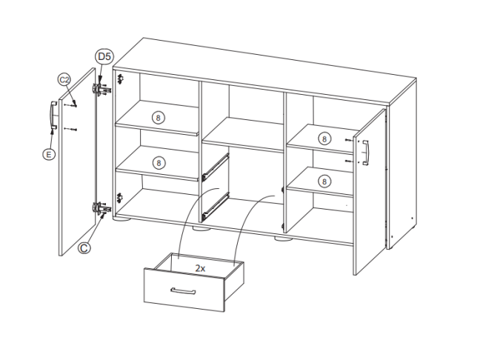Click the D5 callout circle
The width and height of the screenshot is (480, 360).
pos(104,56)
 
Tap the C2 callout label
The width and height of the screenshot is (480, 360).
pos(64,80)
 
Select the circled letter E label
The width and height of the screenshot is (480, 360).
pos(49,154)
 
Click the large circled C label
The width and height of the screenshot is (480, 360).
pos(84,247)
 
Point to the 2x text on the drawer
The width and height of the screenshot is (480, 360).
pos(200,268)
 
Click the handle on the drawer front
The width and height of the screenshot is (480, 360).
pos(183,291)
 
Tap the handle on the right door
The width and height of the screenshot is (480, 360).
pos(365,153)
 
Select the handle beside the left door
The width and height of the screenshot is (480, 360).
pos(53,115)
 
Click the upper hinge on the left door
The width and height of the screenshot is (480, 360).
pos(101,89)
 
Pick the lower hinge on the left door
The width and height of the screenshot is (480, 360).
pos(101,208)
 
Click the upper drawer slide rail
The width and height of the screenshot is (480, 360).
pos(216,167)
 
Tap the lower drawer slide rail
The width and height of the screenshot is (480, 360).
pos(216,207)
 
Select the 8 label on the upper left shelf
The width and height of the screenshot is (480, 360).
pos(158,118)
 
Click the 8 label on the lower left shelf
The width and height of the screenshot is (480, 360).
pos(159,163)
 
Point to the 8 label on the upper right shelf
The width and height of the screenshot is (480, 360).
pos(324,139)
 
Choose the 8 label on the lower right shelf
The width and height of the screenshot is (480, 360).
pos(324,181)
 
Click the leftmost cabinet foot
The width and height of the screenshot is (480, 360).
pos(122,219)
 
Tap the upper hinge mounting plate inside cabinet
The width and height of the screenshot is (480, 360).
pos(120,79)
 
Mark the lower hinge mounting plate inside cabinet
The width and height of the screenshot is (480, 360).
pos(120,198)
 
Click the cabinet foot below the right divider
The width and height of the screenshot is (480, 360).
pos(284,239)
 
